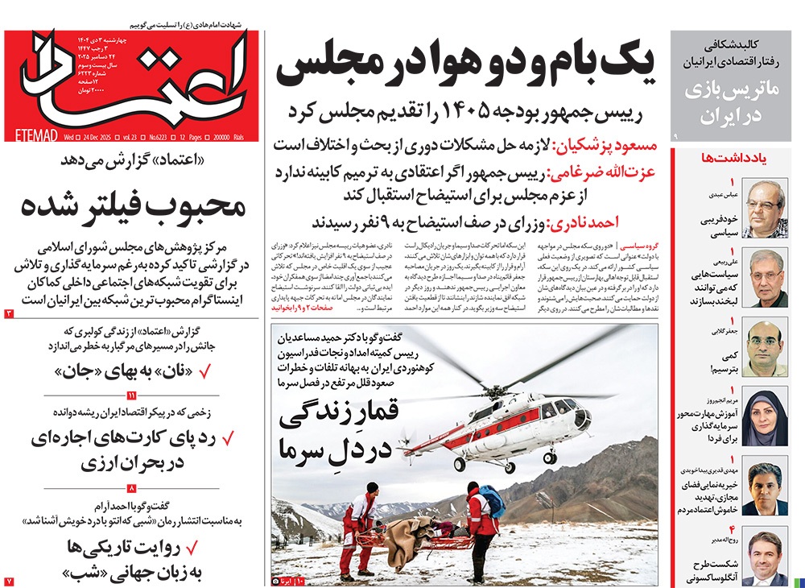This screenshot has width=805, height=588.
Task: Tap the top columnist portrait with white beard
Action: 764,209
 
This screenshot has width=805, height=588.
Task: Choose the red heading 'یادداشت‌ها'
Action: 743,159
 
